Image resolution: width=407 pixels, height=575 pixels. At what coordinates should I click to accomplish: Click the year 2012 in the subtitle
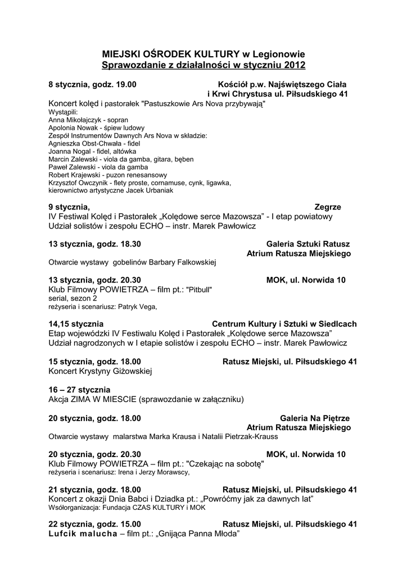point(295,66)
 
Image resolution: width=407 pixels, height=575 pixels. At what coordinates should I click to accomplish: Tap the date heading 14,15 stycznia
point(76,324)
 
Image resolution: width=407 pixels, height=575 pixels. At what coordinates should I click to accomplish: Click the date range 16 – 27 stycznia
point(80,390)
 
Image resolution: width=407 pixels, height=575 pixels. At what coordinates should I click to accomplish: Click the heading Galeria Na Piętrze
point(315,418)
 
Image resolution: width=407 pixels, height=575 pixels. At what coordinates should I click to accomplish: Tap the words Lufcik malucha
point(83,533)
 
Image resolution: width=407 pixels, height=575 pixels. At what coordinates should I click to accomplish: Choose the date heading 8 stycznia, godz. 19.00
point(92,85)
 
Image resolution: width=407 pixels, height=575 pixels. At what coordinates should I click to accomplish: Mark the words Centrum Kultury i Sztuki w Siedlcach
point(284,324)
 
